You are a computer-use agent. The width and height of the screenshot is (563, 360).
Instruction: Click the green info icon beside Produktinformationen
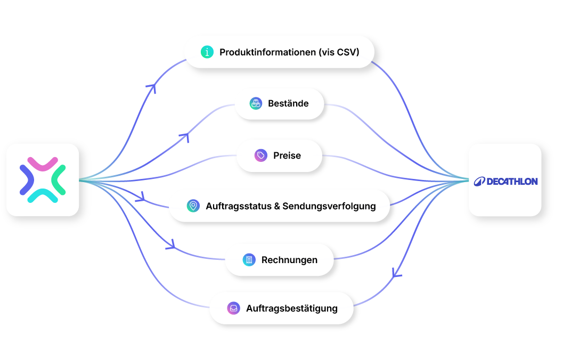(207, 52)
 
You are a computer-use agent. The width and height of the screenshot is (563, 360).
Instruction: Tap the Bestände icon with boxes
(256, 103)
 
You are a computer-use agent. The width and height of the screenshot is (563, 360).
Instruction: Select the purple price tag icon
(261, 156)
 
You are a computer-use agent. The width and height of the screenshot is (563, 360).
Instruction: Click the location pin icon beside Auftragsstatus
(193, 206)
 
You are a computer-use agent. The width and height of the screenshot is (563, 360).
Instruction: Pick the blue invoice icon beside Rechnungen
(249, 260)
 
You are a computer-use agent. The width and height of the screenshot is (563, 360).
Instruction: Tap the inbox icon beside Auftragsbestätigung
(234, 308)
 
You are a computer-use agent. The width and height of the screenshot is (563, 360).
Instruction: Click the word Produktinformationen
(267, 52)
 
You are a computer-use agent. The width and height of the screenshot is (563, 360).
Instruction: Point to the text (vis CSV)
(339, 52)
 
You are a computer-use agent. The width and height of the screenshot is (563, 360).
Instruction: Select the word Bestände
(288, 103)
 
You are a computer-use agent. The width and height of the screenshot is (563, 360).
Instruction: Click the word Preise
(287, 156)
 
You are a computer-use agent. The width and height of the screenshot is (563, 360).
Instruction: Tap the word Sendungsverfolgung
(329, 207)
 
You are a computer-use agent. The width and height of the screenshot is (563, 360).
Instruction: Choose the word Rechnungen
(289, 260)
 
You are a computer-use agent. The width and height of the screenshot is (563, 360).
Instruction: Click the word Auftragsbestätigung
(292, 308)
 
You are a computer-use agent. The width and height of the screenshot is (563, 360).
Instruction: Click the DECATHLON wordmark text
(512, 182)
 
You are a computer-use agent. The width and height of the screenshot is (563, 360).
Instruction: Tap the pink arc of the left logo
(43, 163)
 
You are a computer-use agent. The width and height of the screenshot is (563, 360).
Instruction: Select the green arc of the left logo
(58, 180)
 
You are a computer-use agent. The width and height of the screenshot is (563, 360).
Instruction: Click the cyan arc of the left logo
(43, 195)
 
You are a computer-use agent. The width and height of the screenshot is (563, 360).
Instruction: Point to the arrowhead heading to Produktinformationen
(152, 87)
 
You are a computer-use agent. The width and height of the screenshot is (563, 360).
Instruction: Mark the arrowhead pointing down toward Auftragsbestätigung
(396, 274)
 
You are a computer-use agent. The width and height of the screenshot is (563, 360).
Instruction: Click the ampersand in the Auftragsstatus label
(277, 207)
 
